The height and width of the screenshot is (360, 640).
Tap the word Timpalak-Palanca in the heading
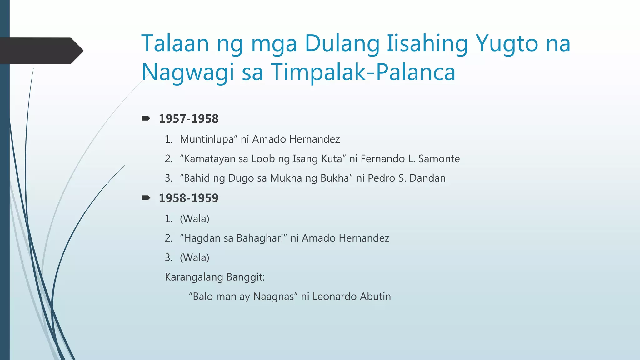(363, 72)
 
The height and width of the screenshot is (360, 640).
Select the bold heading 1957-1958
(188, 119)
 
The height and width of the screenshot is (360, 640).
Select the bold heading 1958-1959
(188, 198)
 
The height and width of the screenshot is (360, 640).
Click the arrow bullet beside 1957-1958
(146, 118)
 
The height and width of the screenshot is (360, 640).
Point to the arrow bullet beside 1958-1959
(146, 198)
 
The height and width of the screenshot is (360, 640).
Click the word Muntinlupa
(207, 139)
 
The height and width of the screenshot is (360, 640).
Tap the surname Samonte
(439, 159)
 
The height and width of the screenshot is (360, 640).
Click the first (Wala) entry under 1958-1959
(194, 219)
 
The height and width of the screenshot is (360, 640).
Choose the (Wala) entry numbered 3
(194, 258)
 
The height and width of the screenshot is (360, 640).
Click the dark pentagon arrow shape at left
(41, 51)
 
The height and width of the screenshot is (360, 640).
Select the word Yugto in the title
(506, 44)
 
